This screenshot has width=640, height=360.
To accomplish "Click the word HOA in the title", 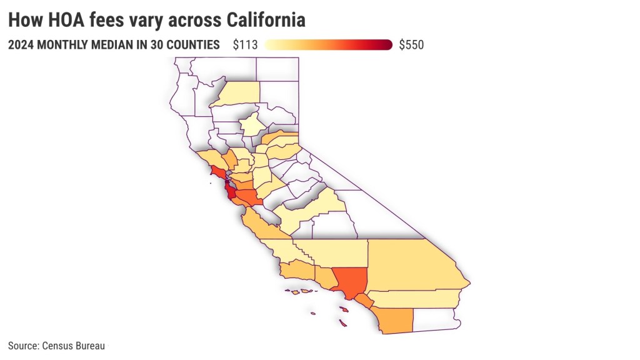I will click(x=57, y=21).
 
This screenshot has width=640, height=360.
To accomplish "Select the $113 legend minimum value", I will click(x=245, y=45).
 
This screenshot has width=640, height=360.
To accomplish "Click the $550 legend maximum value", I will click(x=411, y=45).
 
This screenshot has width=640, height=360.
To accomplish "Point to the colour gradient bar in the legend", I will click(x=328, y=45).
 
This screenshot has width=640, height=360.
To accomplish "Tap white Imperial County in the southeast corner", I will click(x=435, y=319).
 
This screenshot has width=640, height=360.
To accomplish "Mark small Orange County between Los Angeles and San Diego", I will click(x=364, y=301).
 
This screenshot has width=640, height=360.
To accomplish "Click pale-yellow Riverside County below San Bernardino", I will click(x=412, y=298).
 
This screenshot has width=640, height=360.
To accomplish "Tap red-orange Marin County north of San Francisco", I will click(x=218, y=172).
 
